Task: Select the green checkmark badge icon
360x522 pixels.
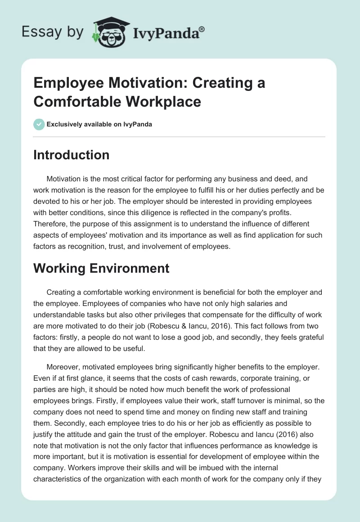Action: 39,124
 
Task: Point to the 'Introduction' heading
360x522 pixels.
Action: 72,155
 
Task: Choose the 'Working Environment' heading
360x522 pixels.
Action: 101,268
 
